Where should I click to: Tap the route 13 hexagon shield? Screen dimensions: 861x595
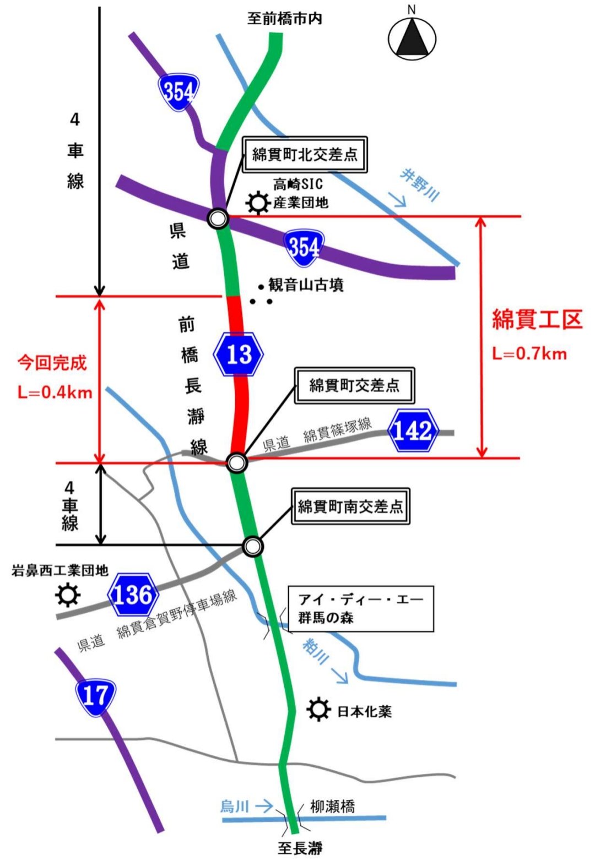point(239,355)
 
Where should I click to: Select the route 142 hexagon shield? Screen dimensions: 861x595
point(413,430)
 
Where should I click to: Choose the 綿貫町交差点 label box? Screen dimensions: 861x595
point(354,385)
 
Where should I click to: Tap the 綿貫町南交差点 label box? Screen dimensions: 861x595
point(350,506)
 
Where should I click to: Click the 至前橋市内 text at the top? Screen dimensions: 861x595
point(284,19)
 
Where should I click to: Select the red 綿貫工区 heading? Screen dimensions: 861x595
point(537,319)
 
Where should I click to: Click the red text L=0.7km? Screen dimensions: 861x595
point(529,353)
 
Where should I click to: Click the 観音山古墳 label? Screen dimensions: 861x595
point(306,285)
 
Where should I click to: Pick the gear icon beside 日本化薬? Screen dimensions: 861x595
point(318,710)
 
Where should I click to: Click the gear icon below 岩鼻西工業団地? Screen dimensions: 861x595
point(68,595)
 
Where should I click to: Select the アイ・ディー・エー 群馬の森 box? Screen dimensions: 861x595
point(361,608)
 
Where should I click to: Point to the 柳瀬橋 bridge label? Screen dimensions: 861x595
point(332,806)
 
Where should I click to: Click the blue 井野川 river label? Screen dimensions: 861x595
point(420,186)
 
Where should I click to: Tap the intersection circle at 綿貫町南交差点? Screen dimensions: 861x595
point(253,546)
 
